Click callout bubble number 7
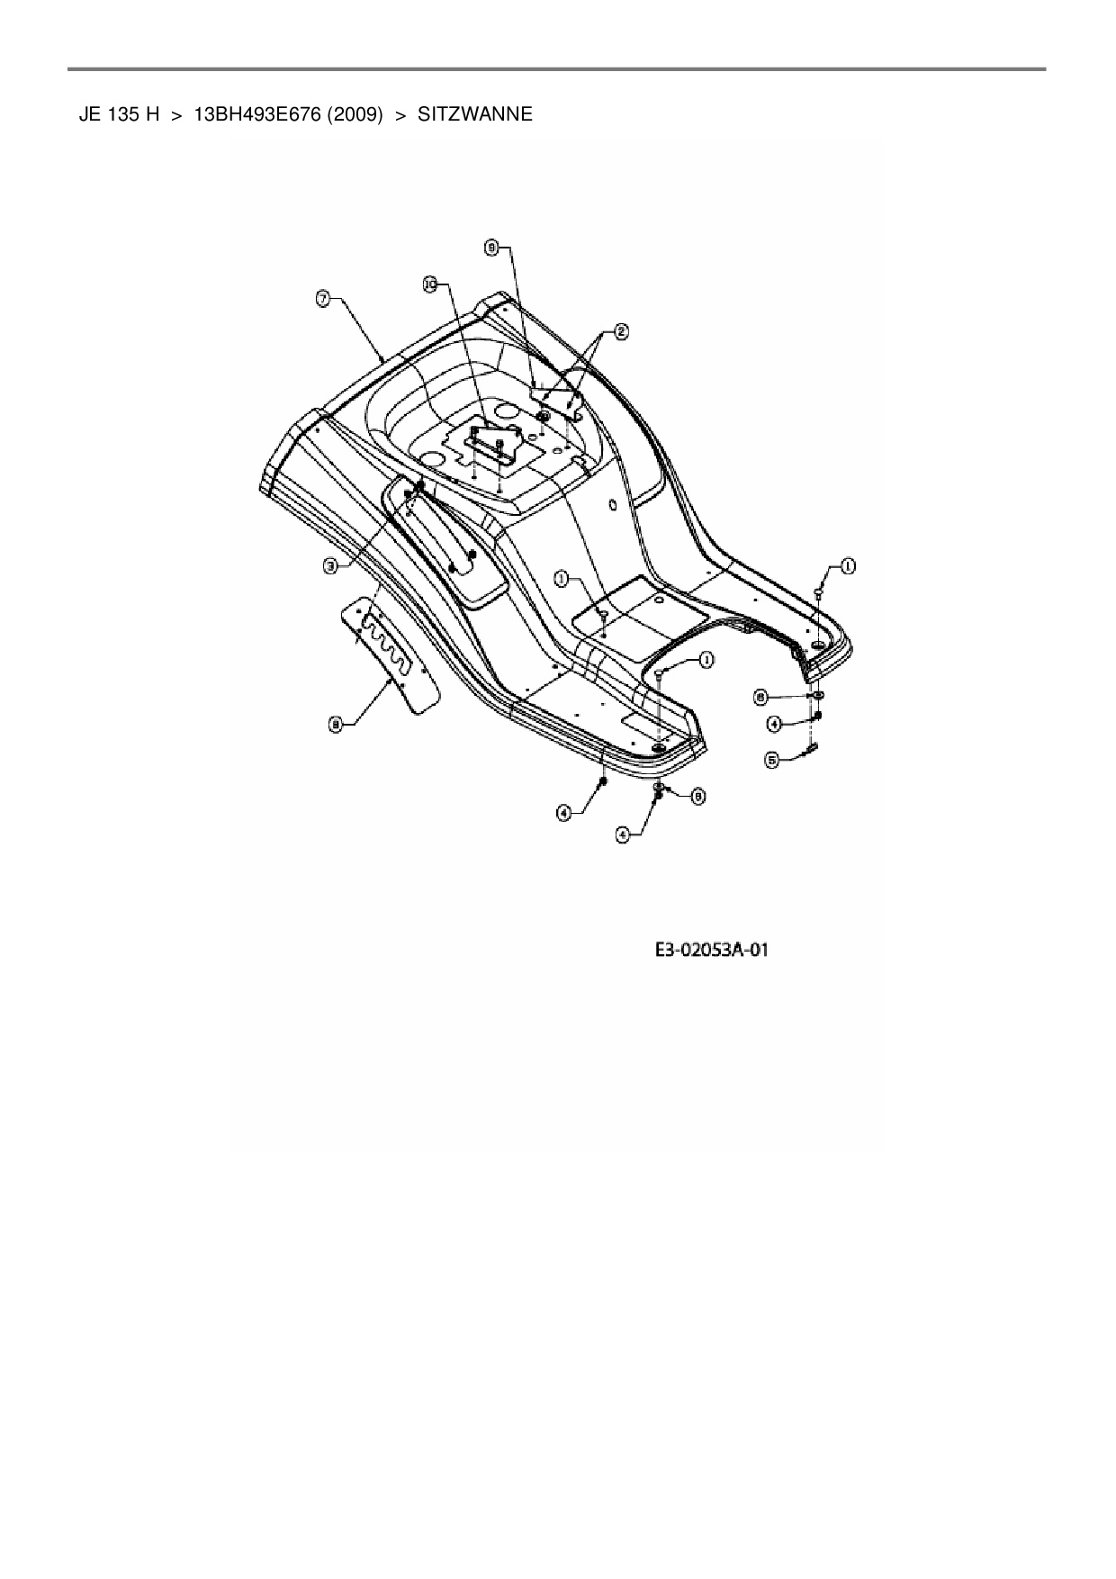pyautogui.click(x=322, y=300)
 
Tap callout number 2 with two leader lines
pyautogui.click(x=620, y=330)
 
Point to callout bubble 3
pyautogui.click(x=332, y=565)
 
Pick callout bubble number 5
pyautogui.click(x=771, y=760)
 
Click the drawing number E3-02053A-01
pyautogui.click(x=711, y=951)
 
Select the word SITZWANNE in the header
pyautogui.click(x=475, y=114)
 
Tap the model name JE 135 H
pyautogui.click(x=119, y=114)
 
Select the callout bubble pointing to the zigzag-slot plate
pyautogui.click(x=335, y=723)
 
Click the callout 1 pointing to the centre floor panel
pyautogui.click(x=562, y=579)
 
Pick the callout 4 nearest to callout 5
pyautogui.click(x=771, y=723)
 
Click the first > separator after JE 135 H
pyautogui.click(x=176, y=114)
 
